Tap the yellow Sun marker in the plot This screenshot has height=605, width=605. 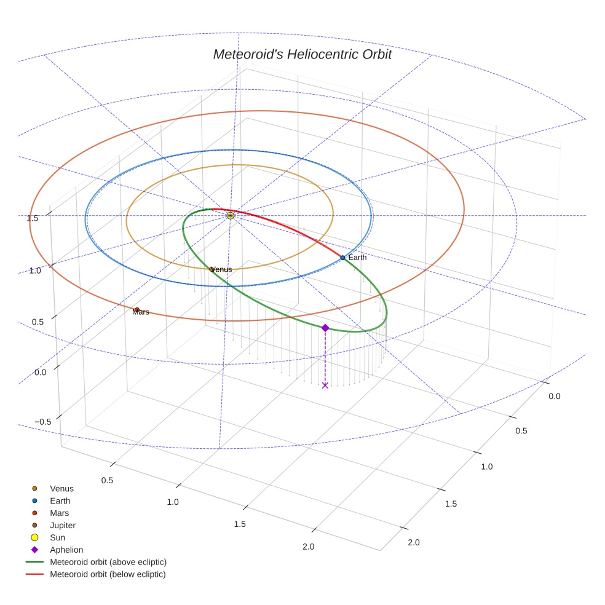(x=231, y=216)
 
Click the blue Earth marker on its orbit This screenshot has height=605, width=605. (x=342, y=258)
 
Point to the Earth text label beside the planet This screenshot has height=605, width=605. (x=357, y=258)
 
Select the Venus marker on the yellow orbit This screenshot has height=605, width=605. (x=212, y=269)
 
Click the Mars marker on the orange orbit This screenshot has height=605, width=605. (x=136, y=310)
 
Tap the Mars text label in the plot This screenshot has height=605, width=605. (x=141, y=313)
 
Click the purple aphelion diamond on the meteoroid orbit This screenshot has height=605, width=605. (x=325, y=328)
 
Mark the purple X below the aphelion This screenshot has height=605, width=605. (x=325, y=386)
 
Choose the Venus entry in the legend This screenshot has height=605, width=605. (x=61, y=489)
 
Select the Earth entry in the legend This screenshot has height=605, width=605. (x=60, y=501)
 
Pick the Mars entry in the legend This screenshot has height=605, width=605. (x=59, y=513)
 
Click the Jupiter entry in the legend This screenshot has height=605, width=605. (x=63, y=525)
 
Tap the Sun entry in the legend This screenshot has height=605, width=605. (x=57, y=537)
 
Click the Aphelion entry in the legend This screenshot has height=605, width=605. (x=66, y=550)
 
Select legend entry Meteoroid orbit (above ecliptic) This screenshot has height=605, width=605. (x=108, y=562)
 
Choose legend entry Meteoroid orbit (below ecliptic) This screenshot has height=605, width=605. (x=108, y=574)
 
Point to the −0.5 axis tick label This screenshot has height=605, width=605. (x=42, y=421)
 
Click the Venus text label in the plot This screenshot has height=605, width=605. (x=222, y=270)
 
